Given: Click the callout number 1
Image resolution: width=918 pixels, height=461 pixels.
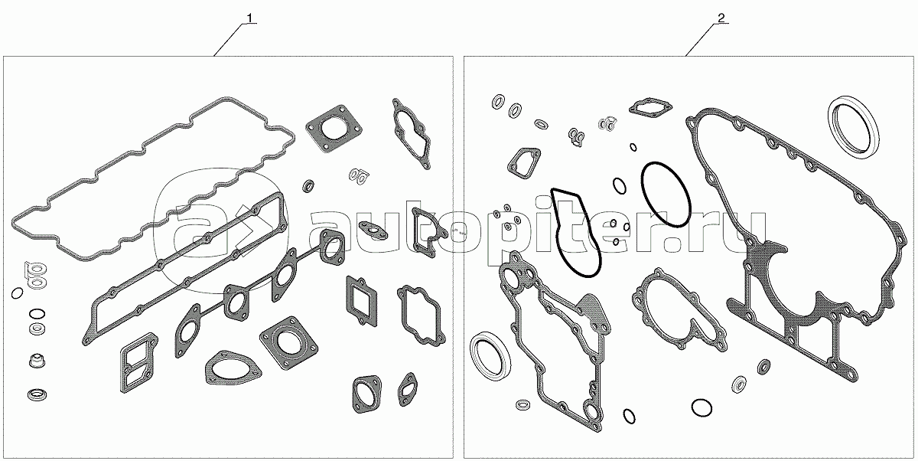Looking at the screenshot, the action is (x=249, y=18).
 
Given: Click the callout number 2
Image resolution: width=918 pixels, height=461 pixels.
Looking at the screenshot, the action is (x=721, y=18).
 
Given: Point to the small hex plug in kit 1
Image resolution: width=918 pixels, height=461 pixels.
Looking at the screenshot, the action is (x=37, y=361).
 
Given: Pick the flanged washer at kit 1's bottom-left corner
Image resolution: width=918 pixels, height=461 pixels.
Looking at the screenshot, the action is (x=37, y=394).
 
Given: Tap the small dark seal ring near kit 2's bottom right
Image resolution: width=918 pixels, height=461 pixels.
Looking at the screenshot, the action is (x=764, y=367).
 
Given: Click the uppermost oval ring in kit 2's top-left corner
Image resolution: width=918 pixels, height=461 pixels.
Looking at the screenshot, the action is (x=498, y=101).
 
